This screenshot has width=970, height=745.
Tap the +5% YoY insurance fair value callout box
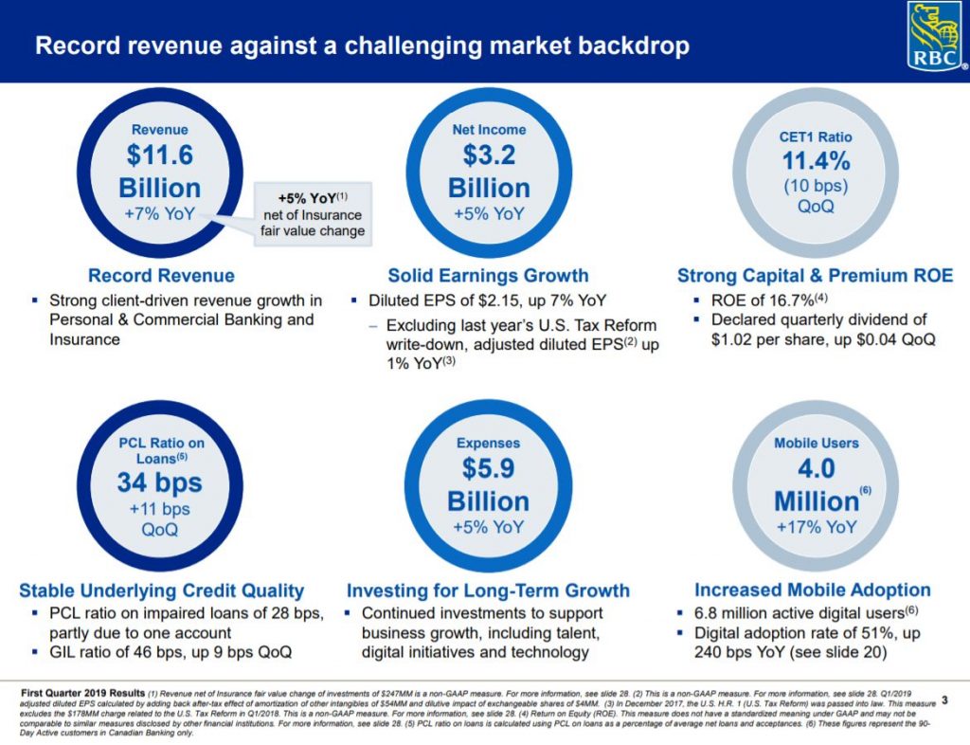[313, 214]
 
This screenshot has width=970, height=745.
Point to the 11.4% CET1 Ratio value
[816, 162]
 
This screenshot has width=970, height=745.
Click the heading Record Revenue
[161, 276]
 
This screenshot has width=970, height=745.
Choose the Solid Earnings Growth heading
[488, 276]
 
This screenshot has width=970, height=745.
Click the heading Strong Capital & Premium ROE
[816, 276]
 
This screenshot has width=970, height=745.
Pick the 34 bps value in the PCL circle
[159, 482]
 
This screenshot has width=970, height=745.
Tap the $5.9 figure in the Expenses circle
[489, 469]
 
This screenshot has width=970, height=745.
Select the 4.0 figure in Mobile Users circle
[816, 469]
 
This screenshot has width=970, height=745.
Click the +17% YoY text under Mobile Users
[816, 527]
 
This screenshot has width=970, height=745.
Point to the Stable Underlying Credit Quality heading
[161, 591]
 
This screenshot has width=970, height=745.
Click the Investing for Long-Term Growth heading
[488, 591]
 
